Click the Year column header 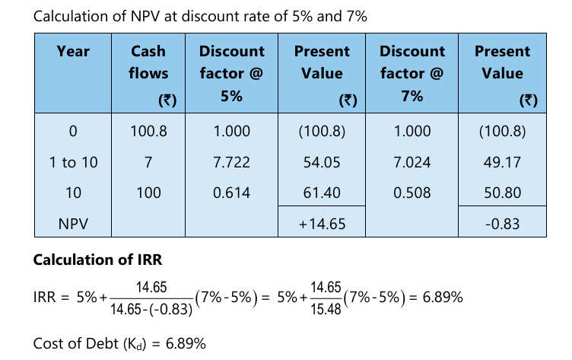[x=73, y=52]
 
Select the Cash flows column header [x=148, y=62]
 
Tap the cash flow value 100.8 [x=148, y=131]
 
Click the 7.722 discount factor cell [x=231, y=162]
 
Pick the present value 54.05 [x=323, y=162]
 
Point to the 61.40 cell [x=323, y=193]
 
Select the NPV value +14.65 [x=323, y=225]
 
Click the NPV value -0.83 [x=502, y=225]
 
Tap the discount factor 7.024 [x=412, y=162]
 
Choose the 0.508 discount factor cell [x=412, y=193]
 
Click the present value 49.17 [x=502, y=162]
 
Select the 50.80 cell [x=502, y=193]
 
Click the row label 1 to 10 [x=73, y=162]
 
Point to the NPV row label [x=73, y=225]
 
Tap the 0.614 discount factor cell [x=231, y=193]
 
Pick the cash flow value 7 [x=148, y=162]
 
